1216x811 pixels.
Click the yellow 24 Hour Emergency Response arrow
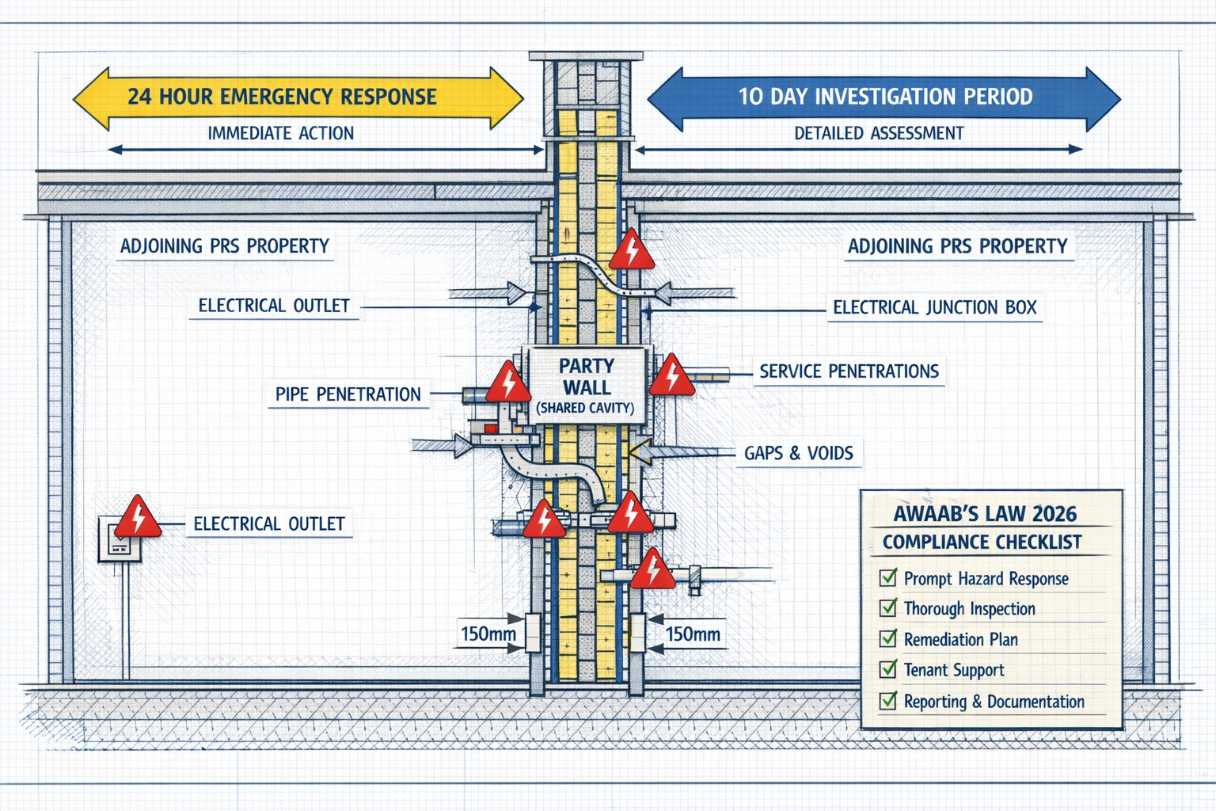coord(298,97)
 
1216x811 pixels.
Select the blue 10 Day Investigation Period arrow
coord(884,97)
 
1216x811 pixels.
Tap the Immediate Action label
coord(280,133)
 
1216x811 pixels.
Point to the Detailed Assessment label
coord(879,133)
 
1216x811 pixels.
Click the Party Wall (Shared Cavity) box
coord(586,385)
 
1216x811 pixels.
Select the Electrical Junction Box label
coord(934,307)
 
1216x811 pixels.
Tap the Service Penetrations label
coord(849,371)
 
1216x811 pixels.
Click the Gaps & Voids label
coord(798,453)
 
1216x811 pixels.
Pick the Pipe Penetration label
coord(348,394)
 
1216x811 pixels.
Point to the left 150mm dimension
coord(488,634)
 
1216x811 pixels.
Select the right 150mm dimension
coord(693,634)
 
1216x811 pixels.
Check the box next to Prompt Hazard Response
coord(888,577)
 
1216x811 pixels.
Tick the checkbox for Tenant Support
coord(888,669)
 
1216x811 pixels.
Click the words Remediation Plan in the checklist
coord(960,639)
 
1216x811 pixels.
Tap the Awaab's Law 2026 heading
coord(985,514)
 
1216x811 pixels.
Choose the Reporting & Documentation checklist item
coord(994,702)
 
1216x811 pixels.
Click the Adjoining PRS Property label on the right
coord(957,246)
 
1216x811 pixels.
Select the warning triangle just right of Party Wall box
coord(671,377)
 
